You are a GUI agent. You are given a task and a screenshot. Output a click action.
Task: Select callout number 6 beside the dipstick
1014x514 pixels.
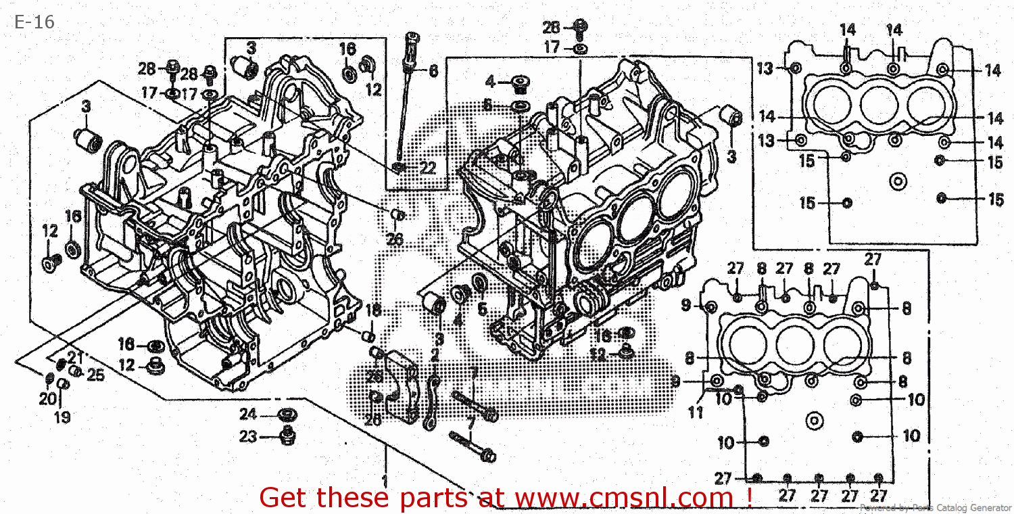433,70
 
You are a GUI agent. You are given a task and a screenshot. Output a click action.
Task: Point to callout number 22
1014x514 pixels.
427,168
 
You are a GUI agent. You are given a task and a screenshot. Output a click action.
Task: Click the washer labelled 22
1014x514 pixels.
401,166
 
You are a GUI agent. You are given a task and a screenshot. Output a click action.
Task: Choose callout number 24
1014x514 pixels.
248,414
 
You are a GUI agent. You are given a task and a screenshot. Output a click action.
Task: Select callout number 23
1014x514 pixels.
248,437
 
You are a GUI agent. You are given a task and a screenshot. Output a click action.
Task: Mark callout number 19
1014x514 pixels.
62,417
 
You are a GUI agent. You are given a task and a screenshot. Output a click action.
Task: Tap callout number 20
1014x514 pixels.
47,400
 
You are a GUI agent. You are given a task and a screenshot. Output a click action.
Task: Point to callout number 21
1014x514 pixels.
74,358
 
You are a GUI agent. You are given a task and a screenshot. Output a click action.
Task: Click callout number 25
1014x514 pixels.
96,375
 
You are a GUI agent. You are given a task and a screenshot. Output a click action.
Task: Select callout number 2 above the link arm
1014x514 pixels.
434,354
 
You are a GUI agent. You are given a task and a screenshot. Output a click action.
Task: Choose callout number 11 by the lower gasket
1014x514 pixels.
696,412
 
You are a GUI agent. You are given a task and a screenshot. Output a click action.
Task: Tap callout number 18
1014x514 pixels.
373,310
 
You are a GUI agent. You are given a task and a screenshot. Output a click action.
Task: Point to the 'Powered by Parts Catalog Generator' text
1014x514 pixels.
936,507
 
